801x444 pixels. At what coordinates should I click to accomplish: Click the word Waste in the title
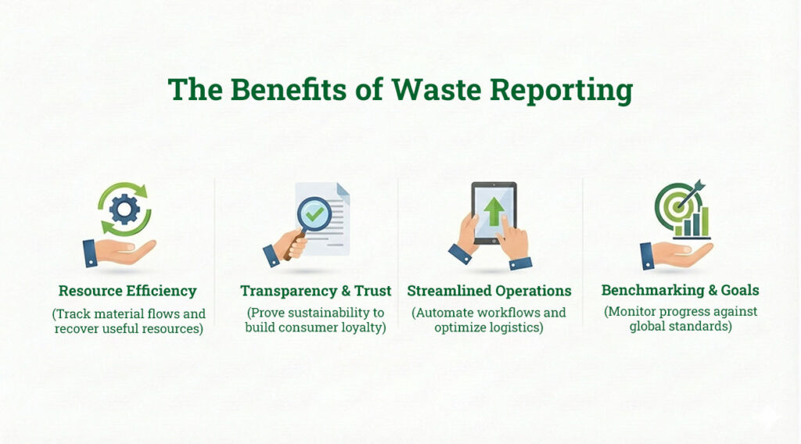tap(437, 90)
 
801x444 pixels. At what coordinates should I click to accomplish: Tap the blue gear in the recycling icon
tap(124, 209)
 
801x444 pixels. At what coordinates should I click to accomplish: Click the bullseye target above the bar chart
tap(673, 206)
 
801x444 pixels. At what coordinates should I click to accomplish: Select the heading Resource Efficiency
tap(128, 291)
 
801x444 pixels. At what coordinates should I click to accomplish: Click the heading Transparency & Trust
tap(316, 291)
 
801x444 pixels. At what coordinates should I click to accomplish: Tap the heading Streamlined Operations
tap(489, 291)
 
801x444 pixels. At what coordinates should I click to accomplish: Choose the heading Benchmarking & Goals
tap(680, 290)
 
